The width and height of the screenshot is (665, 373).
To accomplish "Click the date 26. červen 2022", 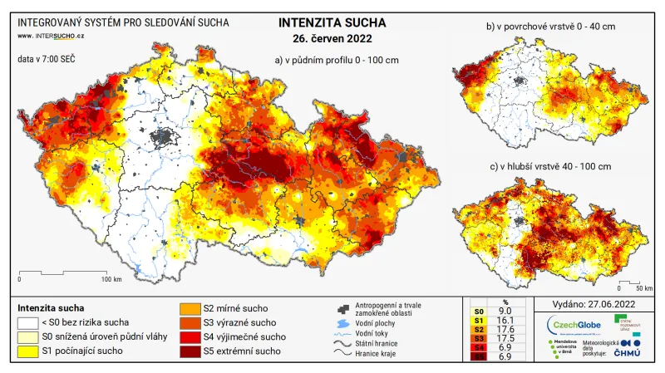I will point(332,38).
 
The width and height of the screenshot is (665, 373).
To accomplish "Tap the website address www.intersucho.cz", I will point(51,37).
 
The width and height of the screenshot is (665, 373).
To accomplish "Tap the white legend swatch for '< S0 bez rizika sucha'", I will point(27,323).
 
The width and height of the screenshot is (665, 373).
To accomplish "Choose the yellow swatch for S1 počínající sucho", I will point(27,351).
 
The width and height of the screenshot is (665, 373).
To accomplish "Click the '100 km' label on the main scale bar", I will point(111,278).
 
